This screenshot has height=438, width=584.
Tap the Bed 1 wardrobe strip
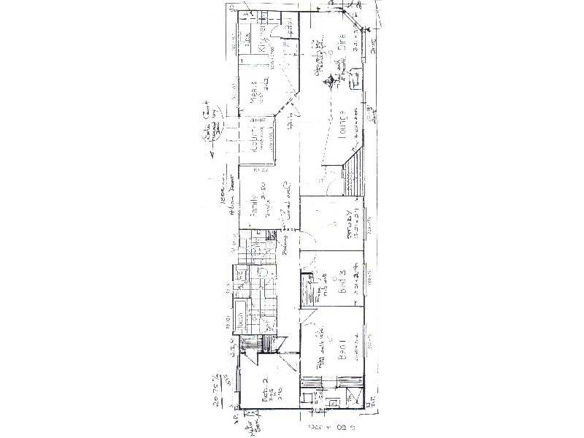tap(332, 380)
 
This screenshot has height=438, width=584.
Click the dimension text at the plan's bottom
tap(331, 426)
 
